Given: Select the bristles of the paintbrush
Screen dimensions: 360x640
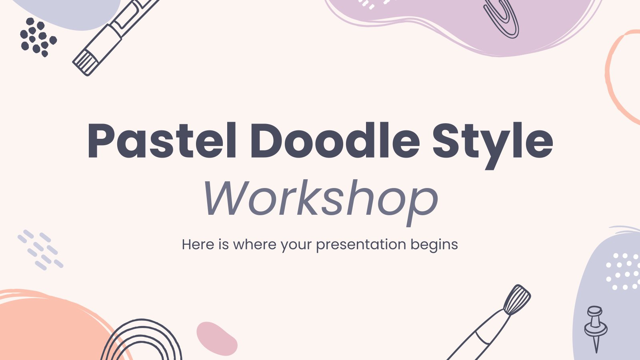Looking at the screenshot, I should click(x=517, y=299).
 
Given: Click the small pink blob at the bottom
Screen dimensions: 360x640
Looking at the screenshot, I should click(x=216, y=338).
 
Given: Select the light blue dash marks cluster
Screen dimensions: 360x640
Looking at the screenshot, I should click(x=40, y=250).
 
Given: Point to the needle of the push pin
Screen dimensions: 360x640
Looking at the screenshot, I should click(x=596, y=344).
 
